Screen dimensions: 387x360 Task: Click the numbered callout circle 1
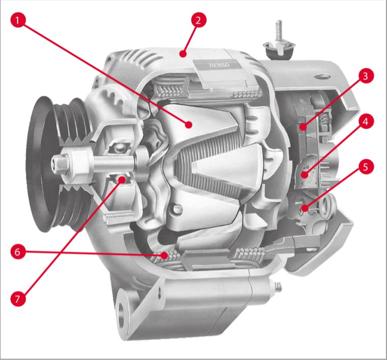click(17, 20)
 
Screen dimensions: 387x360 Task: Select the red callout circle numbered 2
click(198, 20)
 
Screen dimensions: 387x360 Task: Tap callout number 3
click(365, 76)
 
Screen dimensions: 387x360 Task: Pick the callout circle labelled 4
click(365, 122)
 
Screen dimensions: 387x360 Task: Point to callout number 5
click(365, 167)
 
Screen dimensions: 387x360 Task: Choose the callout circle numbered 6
click(17, 252)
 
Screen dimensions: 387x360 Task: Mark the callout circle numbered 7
click(17, 299)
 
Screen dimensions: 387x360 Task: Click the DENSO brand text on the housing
click(219, 65)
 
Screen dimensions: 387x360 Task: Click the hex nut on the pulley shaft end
click(60, 163)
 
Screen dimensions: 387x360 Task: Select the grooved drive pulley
click(59, 164)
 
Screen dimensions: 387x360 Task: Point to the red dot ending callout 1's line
click(189, 125)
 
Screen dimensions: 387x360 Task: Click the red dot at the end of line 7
click(122, 180)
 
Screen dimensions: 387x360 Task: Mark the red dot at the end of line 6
click(164, 256)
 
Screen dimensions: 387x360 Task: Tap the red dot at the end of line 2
click(182, 54)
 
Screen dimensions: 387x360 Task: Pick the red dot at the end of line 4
click(305, 175)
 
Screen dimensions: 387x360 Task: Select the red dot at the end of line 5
click(305, 208)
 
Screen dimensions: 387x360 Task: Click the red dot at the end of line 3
click(304, 128)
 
